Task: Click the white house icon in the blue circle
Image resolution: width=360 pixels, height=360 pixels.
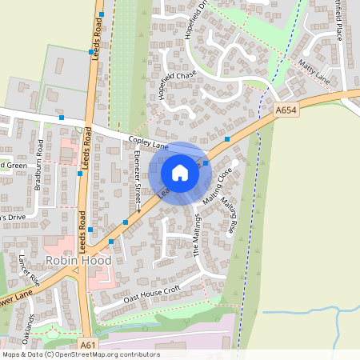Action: (180, 173)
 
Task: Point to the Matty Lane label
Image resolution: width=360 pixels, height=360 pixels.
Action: (313, 71)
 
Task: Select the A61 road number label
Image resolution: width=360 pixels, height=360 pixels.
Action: (88, 345)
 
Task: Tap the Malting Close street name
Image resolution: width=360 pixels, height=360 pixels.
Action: (217, 186)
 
